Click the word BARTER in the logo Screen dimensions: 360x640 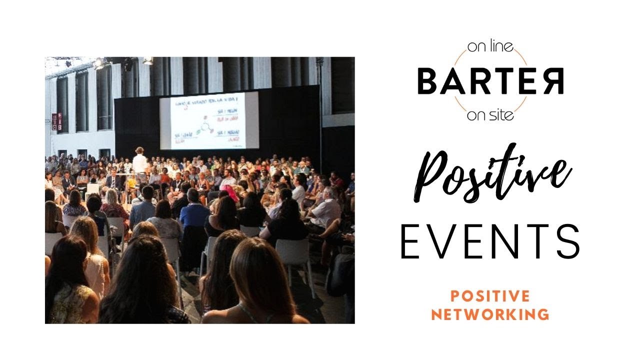tap(490, 82)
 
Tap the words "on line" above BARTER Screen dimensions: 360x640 tap(490, 48)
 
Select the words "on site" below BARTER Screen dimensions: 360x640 tap(490, 116)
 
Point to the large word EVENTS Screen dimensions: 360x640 tap(490, 242)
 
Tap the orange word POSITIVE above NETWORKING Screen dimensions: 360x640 tap(490, 296)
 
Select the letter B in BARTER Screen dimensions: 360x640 tap(428, 82)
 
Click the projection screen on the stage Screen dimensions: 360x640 tap(209, 120)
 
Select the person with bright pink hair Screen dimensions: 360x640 tap(230, 192)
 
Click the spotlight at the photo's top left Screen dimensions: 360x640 tap(99, 63)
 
